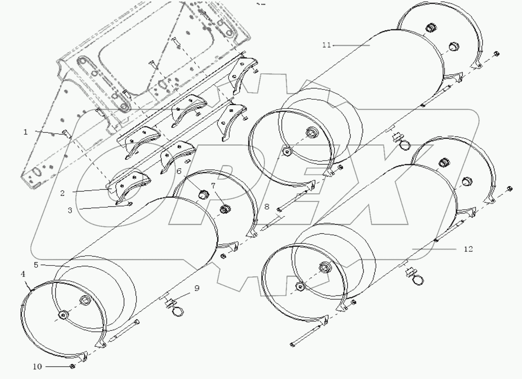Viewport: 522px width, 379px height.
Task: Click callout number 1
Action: pyautogui.click(x=25, y=132)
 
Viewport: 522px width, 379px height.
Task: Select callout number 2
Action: pyautogui.click(x=62, y=193)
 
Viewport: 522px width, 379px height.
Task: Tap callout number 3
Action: pyautogui.click(x=69, y=210)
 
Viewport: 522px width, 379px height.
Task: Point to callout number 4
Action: pyautogui.click(x=23, y=274)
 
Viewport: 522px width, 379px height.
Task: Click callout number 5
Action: pyautogui.click(x=36, y=265)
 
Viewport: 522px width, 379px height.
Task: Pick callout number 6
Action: pyautogui.click(x=179, y=171)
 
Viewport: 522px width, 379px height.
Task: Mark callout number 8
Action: pyautogui.click(x=266, y=207)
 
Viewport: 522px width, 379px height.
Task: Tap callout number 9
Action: pyautogui.click(x=197, y=288)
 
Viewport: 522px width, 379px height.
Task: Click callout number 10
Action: pyautogui.click(x=37, y=366)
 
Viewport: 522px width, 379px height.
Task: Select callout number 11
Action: pyautogui.click(x=326, y=45)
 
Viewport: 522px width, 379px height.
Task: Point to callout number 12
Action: pyautogui.click(x=468, y=249)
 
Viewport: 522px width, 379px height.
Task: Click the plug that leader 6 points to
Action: pyautogui.click(x=202, y=193)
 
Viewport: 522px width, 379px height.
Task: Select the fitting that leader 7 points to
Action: pyautogui.click(x=224, y=209)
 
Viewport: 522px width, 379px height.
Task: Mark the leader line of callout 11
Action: pyautogui.click(x=351, y=45)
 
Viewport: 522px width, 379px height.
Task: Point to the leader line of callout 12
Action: pyautogui.click(x=434, y=249)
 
